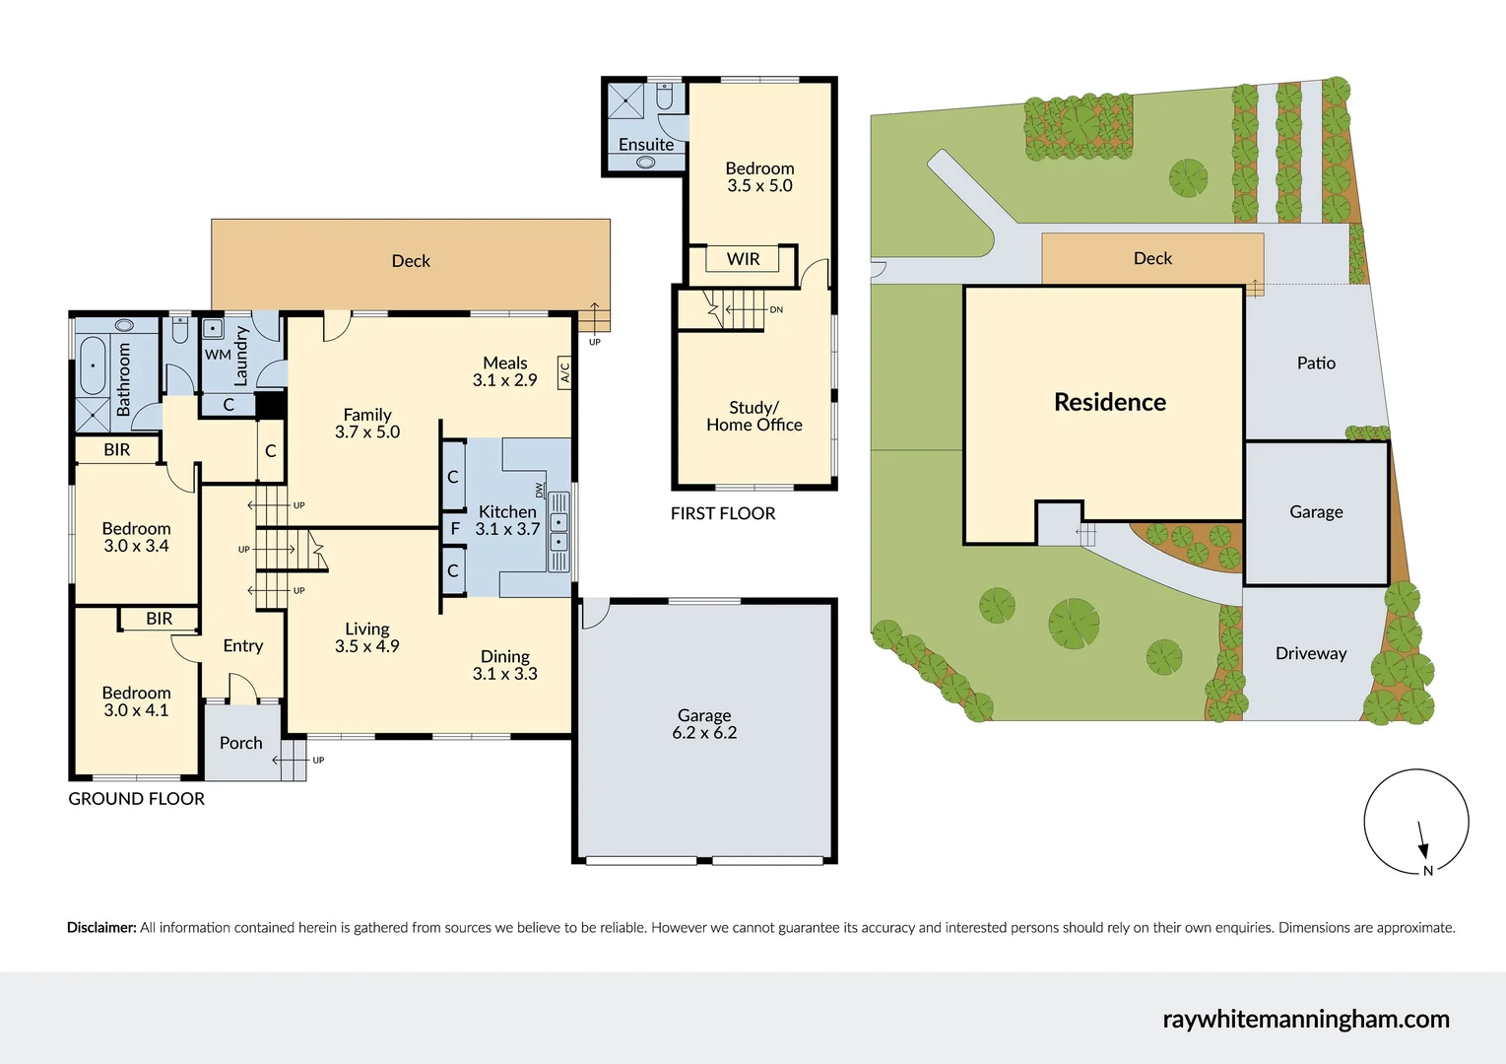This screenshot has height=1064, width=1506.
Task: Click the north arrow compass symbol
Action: [1415, 822]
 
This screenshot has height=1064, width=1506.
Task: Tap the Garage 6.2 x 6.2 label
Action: [704, 724]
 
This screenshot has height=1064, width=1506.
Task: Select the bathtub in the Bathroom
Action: [93, 366]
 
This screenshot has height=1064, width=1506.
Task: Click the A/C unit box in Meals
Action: [564, 372]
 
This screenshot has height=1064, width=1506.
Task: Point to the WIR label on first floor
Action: [743, 259]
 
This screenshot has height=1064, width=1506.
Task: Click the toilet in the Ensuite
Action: [665, 97]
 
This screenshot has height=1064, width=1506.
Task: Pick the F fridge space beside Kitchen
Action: [455, 529]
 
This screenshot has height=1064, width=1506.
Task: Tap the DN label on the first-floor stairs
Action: [776, 309]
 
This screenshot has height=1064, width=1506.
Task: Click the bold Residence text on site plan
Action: [1109, 402]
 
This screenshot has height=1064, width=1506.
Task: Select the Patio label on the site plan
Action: [1315, 363]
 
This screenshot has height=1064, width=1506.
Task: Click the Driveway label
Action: [1310, 653]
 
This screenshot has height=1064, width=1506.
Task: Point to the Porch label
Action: [240, 743]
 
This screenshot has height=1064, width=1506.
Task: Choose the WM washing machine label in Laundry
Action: [218, 355]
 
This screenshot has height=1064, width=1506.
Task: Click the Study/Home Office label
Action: [753, 416]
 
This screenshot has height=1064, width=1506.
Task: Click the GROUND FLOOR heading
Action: [136, 799]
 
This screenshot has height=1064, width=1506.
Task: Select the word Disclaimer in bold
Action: [101, 927]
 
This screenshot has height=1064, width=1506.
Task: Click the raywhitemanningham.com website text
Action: [1305, 1019]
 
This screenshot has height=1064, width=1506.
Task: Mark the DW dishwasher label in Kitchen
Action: [540, 490]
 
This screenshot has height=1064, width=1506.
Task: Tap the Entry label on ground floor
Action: [242, 646]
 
